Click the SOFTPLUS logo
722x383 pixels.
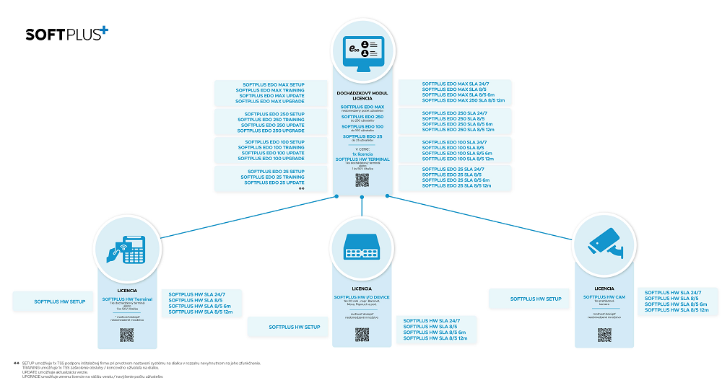click(67, 33)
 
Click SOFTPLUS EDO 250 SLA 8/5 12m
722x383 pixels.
click(458, 130)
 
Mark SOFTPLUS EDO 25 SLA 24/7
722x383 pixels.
click(452, 169)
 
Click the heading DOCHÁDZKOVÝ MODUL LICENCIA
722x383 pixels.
click(362, 96)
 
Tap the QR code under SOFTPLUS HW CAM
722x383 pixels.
click(604, 335)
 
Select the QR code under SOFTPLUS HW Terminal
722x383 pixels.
click(126, 335)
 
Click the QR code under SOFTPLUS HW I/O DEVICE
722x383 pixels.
click(362, 335)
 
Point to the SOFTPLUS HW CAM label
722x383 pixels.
click(604, 296)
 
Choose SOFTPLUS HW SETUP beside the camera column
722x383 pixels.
click(536, 299)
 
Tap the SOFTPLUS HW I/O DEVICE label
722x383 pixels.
click(362, 296)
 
